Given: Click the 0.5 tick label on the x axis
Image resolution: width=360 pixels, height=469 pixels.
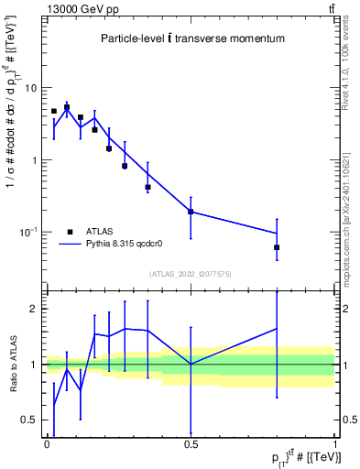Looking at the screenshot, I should tap(191, 442).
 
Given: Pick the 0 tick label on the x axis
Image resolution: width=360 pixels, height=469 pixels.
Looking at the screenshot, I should tap(47, 442).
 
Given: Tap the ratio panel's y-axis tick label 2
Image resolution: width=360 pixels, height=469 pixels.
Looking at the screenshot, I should tap(36, 309).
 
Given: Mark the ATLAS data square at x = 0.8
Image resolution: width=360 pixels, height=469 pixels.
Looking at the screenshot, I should tap(277, 247).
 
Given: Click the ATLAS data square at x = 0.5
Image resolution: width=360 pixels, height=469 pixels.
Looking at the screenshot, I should tap(191, 212).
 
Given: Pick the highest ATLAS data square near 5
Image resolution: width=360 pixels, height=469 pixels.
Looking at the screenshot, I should tap(67, 107).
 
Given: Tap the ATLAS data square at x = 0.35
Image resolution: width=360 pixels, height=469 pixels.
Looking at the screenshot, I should tap(147, 187).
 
